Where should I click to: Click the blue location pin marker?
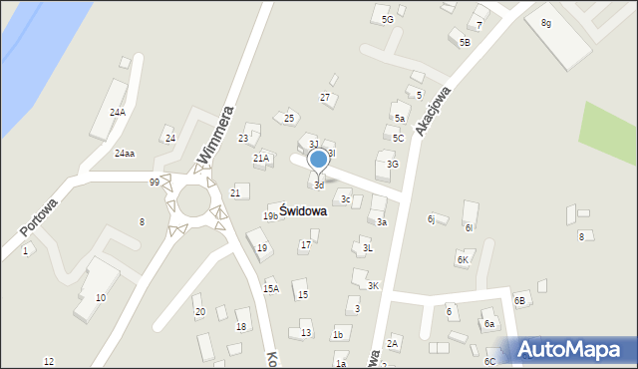pyautogui.click(x=318, y=160)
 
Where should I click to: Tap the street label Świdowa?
pyautogui.click(x=302, y=211)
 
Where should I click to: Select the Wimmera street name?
pyautogui.click(x=216, y=134)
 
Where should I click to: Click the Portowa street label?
pyautogui.click(x=39, y=214)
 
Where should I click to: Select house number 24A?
pyautogui.click(x=118, y=113)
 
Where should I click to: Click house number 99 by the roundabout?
pyautogui.click(x=154, y=182)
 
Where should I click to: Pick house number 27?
pyautogui.click(x=325, y=97)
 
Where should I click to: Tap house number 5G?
pyautogui.click(x=387, y=19)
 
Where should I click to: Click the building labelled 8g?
pyautogui.click(x=545, y=22)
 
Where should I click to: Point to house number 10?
pyautogui.click(x=100, y=298)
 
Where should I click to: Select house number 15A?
pyautogui.click(x=270, y=288)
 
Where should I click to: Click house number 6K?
pyautogui.click(x=463, y=259)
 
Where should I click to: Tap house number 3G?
pyautogui.click(x=393, y=164)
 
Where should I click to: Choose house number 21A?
pyautogui.click(x=261, y=158)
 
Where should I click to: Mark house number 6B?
pyautogui.click(x=519, y=300)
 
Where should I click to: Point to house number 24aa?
pyautogui.click(x=124, y=154)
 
